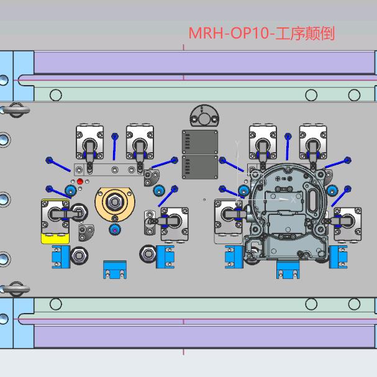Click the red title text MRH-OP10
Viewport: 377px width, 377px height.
229,33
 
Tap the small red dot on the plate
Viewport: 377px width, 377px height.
80,181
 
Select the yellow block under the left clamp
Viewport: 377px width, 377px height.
55,238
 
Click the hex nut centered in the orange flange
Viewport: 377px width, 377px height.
115,202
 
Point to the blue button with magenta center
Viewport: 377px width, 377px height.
115,230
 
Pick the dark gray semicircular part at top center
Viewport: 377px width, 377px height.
204,116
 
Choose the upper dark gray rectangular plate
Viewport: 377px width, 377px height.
200,142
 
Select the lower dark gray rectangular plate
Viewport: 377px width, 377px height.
200,167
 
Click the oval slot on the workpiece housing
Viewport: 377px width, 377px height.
314,199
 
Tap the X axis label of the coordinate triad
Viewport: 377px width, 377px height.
293,199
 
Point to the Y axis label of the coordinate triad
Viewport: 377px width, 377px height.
237,143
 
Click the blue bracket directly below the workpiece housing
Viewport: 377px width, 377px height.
288,270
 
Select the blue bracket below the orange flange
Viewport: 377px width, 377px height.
115,270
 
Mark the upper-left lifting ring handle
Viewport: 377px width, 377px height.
16,110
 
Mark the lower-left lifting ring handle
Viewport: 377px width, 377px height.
16,289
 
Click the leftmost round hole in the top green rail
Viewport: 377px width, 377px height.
56,95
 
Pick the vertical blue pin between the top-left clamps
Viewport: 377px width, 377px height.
115,147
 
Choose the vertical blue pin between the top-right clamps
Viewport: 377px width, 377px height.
288,147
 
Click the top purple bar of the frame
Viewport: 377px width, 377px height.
204,63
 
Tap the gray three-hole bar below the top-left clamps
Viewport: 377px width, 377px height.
109,170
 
